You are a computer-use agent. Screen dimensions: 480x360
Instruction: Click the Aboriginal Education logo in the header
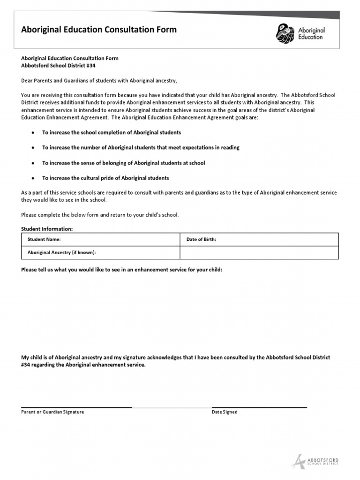pyautogui.click(x=300, y=33)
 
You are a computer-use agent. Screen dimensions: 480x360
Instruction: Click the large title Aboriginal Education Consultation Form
pyautogui.click(x=99, y=30)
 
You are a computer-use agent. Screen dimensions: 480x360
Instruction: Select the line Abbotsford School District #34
pyautogui.click(x=58, y=66)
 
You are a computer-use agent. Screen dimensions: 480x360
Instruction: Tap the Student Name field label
pyautogui.click(x=44, y=240)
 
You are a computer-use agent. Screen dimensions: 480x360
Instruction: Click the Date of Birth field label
pyautogui.click(x=201, y=240)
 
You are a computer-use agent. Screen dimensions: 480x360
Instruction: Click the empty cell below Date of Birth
pyautogui.click(x=259, y=253)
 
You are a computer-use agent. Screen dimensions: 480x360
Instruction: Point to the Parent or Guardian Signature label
pyautogui.click(x=52, y=412)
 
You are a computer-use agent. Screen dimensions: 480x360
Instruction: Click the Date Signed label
pyautogui.click(x=225, y=412)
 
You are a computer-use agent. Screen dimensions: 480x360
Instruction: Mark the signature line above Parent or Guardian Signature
pyautogui.click(x=76, y=407)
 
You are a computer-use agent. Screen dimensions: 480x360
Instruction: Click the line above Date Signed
pyautogui.click(x=259, y=407)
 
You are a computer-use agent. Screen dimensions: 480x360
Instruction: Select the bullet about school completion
pyautogui.click(x=112, y=133)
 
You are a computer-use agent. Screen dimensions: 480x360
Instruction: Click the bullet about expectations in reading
pyautogui.click(x=141, y=148)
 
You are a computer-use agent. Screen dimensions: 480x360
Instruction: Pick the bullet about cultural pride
pyautogui.click(x=105, y=178)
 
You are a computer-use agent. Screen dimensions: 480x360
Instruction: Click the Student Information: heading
pyautogui.click(x=47, y=229)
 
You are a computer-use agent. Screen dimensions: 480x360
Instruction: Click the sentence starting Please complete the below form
pyautogui.click(x=100, y=215)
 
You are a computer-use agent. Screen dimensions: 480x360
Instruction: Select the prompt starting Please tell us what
pyautogui.click(x=122, y=270)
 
